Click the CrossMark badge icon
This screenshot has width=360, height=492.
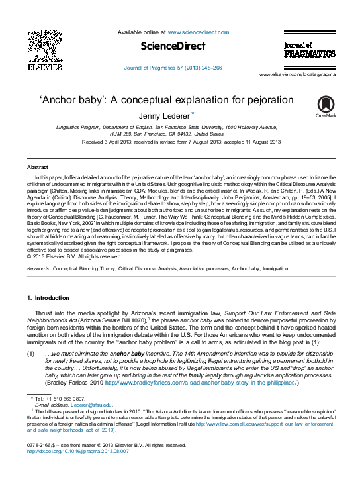[x=326, y=105]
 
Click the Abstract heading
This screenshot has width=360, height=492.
[x=37, y=168]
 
